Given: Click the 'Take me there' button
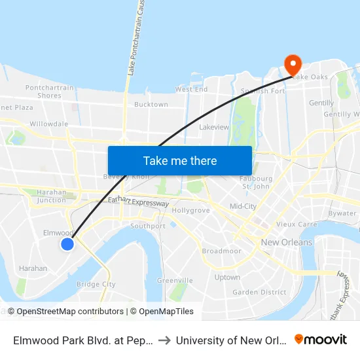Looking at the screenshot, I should [x=179, y=160].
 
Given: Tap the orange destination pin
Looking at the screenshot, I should [x=292, y=63].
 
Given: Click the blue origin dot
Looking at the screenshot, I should [x=67, y=244].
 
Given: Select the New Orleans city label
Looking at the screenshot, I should [x=286, y=242].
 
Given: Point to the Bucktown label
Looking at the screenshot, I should [x=151, y=105].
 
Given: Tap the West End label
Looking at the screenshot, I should [x=191, y=89].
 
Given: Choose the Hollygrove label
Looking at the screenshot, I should [x=190, y=211].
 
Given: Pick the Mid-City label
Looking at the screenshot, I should [x=243, y=206].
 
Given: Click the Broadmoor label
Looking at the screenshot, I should [x=221, y=251].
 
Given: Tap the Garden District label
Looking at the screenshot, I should [x=259, y=292].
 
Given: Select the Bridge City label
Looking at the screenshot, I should [x=96, y=284].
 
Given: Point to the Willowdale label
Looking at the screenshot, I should [x=48, y=124].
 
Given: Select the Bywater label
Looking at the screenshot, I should [x=342, y=213].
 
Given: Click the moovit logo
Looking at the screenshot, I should [x=320, y=340].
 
